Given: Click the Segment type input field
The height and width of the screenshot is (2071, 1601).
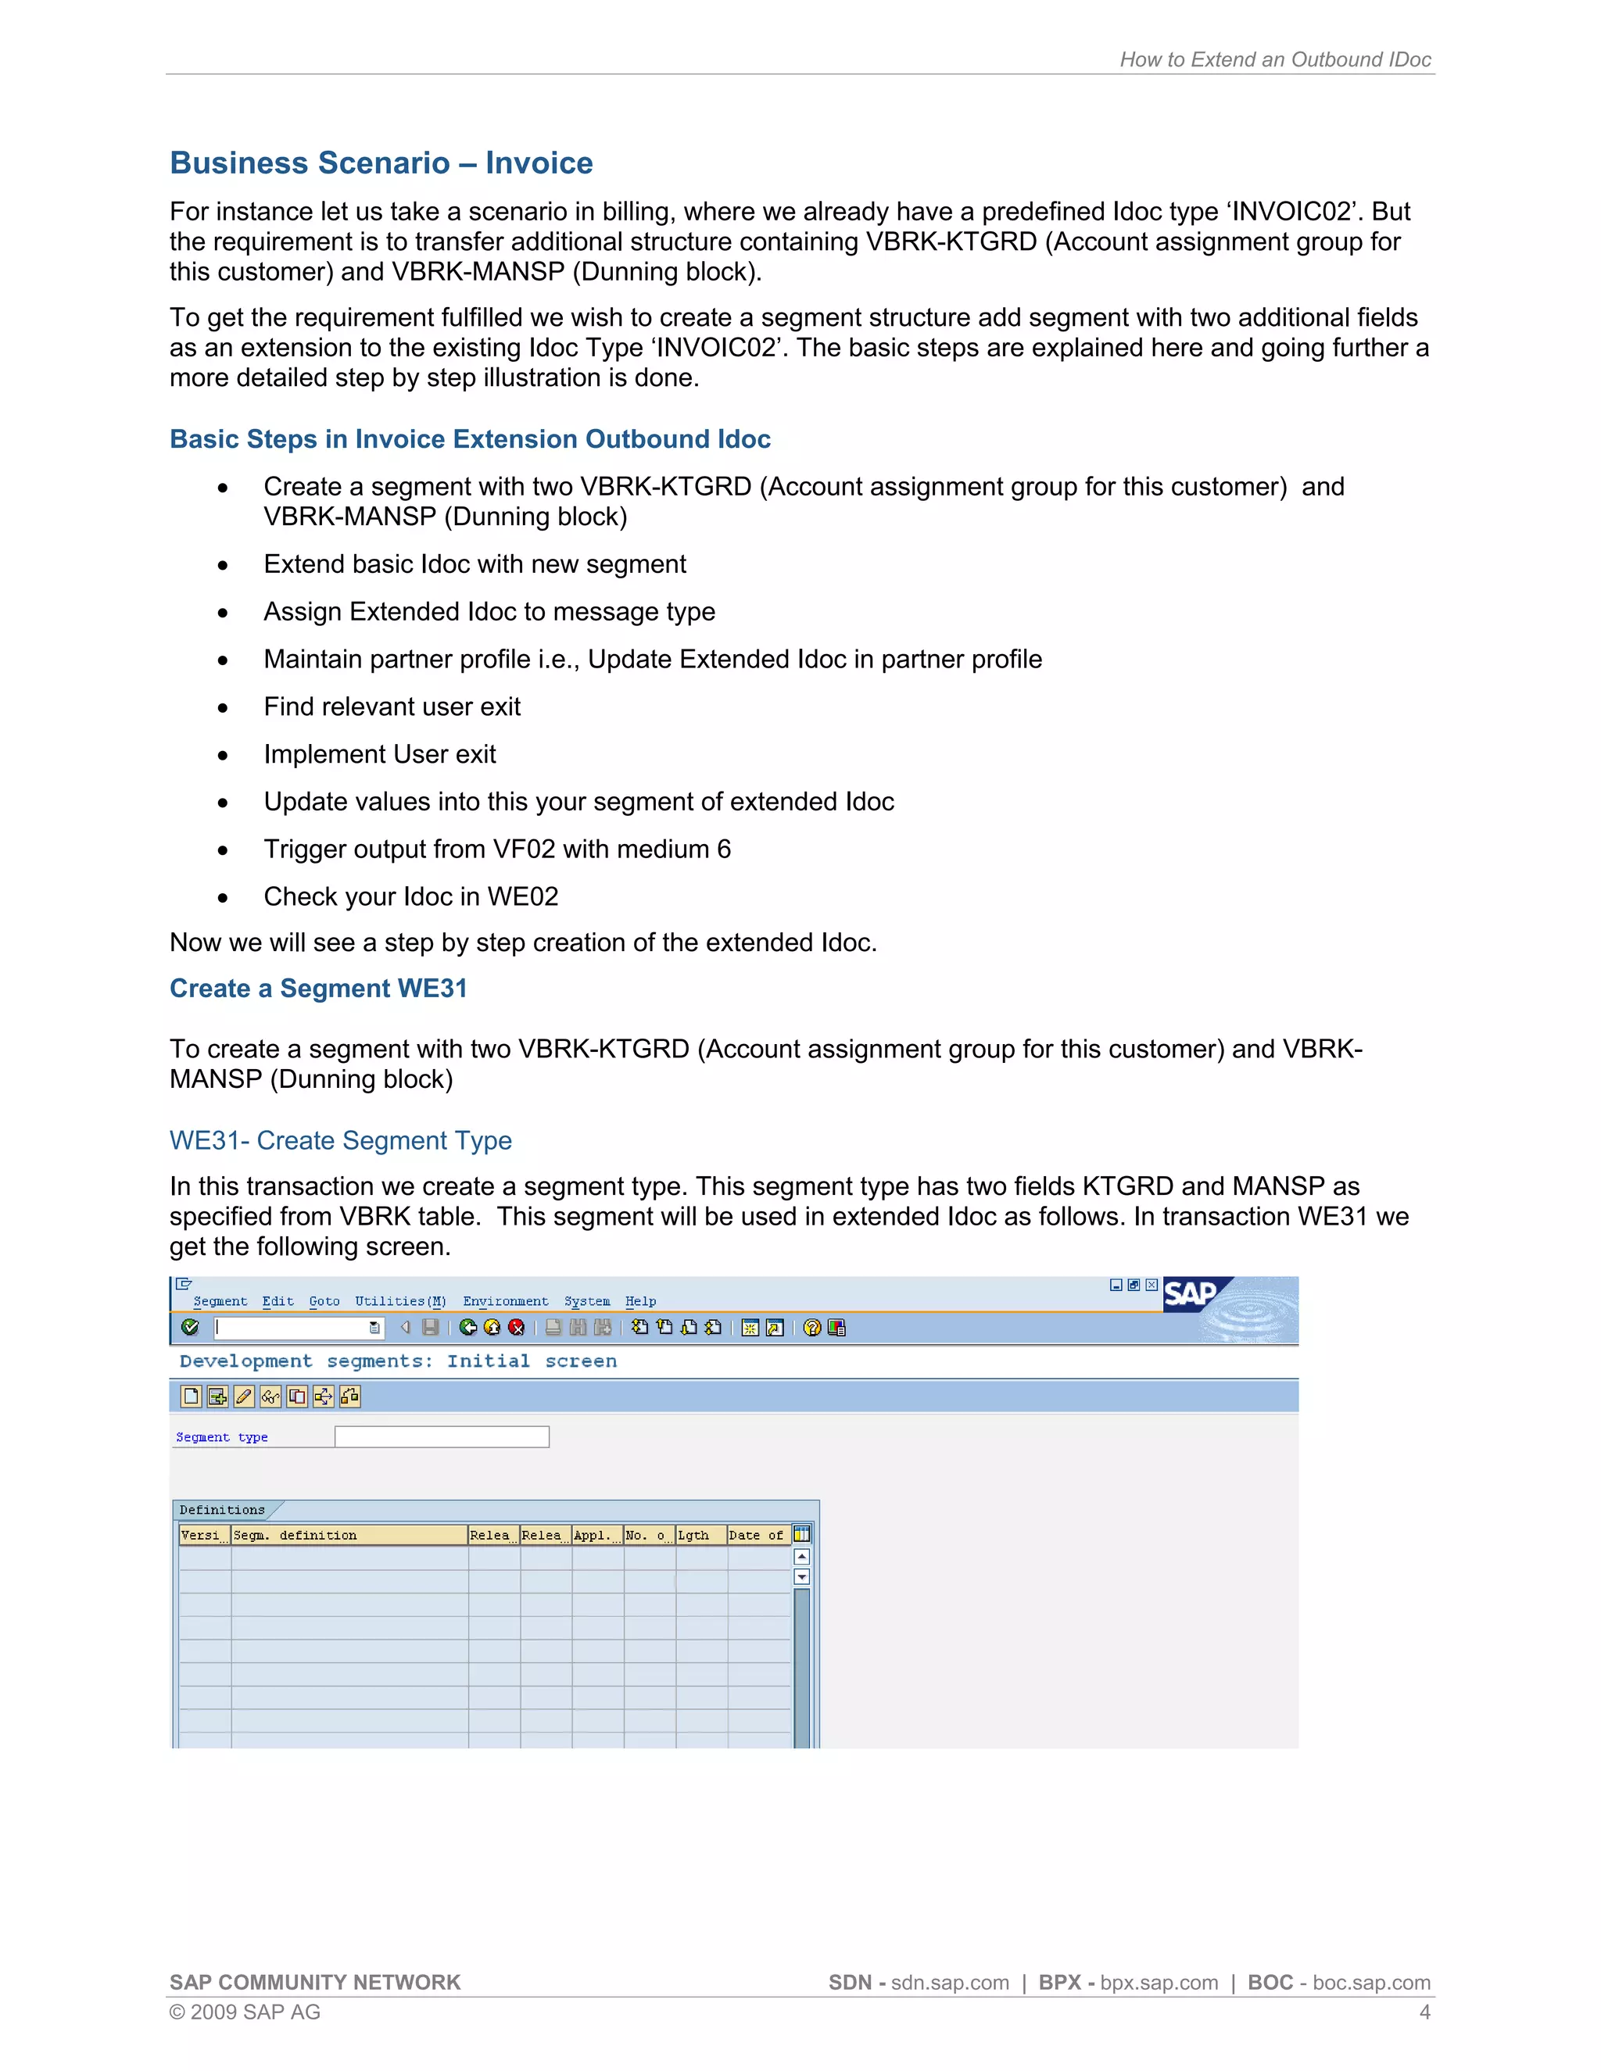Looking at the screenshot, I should point(441,1436).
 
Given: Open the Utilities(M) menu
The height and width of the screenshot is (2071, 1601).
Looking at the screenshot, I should point(399,1301).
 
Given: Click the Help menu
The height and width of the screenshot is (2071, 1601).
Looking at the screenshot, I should point(640,1301).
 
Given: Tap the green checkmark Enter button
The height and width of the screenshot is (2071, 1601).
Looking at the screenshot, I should point(190,1328).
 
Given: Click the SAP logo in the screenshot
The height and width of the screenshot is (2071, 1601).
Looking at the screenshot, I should point(1191,1293).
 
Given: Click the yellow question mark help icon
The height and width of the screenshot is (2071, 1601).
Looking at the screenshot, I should point(811,1328).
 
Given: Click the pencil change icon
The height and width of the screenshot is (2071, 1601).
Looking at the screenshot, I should point(244,1396).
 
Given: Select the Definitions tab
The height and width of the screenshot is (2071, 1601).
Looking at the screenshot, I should point(223,1510).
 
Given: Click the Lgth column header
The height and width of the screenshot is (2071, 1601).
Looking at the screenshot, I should point(694,1535).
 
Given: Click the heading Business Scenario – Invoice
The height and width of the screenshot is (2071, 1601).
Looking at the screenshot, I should point(381,163).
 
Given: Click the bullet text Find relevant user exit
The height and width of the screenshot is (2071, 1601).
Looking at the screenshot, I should point(392,706).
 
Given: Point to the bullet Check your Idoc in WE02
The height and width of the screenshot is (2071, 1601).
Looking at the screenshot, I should point(410,896).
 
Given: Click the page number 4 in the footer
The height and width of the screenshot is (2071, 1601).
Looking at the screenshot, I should point(1424,2012).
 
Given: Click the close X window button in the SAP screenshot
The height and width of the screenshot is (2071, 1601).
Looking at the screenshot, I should point(1152,1285).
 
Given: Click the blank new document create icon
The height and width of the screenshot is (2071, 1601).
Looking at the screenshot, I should point(191,1396).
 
